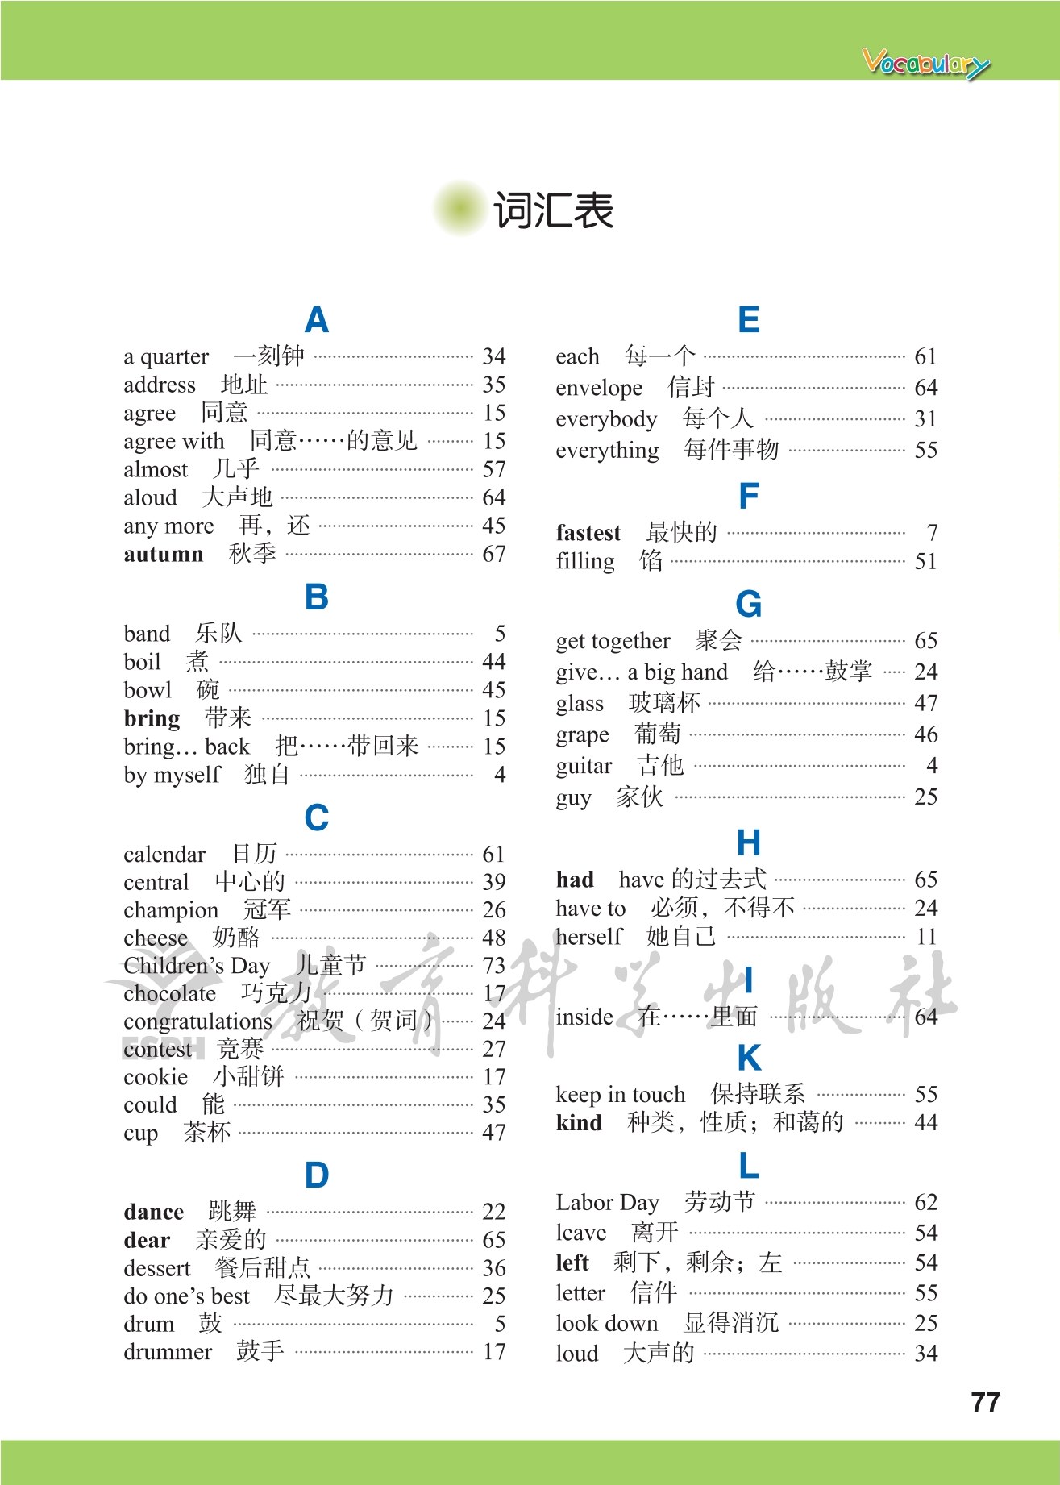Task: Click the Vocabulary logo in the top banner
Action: pos(925,63)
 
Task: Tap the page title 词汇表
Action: pos(553,210)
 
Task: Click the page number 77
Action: pos(985,1403)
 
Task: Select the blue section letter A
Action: pos(317,320)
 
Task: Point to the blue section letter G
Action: pos(748,604)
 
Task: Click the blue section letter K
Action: pos(749,1058)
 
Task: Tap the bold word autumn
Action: pos(164,554)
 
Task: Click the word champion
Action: pos(171,910)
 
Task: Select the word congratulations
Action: pos(197,1021)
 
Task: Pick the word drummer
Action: pos(168,1351)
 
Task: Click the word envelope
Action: pos(599,388)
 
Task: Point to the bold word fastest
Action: pos(588,533)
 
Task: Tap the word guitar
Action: pos(584,766)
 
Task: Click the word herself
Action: pos(589,937)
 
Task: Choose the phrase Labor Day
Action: pos(607,1202)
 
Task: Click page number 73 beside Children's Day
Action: pos(493,965)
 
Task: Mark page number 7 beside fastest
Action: pos(932,533)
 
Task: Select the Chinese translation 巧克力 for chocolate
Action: pos(276,992)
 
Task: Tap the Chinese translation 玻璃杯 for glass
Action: pos(664,703)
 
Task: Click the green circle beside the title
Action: pos(460,209)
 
